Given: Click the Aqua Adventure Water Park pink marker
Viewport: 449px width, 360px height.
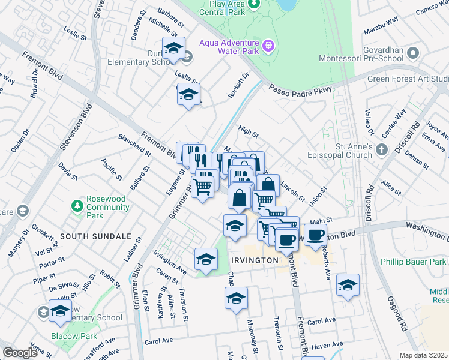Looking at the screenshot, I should coord(268,45).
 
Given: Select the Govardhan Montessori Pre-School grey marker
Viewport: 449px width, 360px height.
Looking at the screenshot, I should coord(412,55).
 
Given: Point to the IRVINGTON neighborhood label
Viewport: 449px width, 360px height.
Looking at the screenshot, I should coord(255,260).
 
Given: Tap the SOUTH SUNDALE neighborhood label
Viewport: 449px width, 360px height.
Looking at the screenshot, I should coord(93,236).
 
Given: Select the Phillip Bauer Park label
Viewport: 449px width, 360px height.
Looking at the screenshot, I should coord(414,262).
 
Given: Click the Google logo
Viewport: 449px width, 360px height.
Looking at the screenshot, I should coord(19,353).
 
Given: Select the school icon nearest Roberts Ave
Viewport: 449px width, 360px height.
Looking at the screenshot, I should coord(348,284).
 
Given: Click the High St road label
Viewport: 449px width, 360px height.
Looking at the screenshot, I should coord(248,130).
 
